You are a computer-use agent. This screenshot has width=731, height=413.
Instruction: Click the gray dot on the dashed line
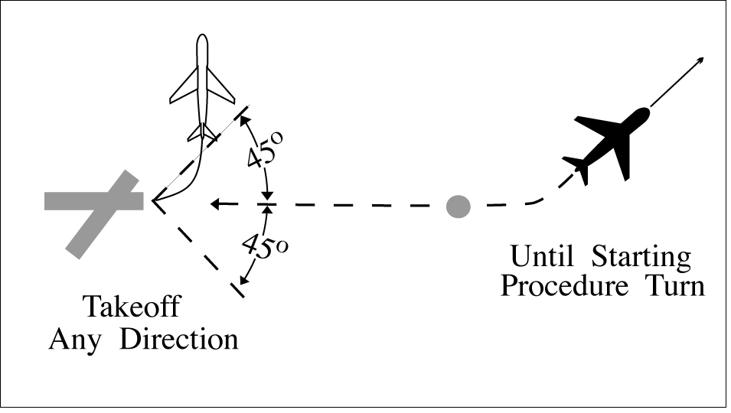coord(458,205)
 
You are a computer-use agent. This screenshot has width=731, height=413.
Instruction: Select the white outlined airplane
coord(201,88)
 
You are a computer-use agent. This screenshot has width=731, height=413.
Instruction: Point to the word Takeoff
coord(131,307)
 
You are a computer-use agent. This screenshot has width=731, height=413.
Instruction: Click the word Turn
coord(674,288)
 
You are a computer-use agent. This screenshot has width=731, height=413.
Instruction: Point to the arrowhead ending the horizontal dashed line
coord(217,204)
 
